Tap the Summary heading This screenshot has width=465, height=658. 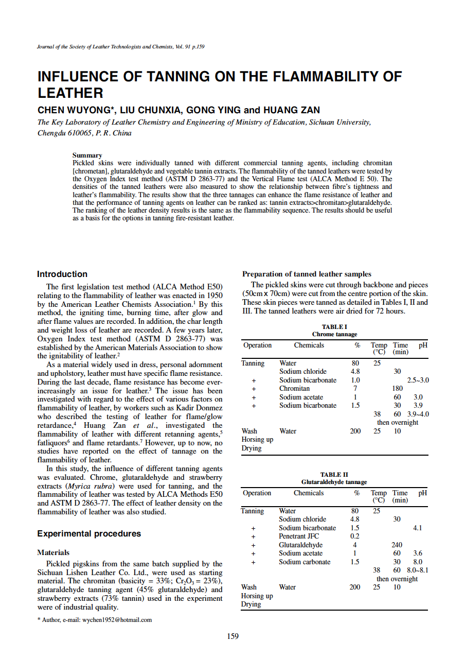[x=87, y=155]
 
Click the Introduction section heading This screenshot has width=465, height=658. [x=62, y=274]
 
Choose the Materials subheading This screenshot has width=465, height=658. [x=53, y=552]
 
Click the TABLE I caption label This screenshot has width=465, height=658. [x=334, y=327]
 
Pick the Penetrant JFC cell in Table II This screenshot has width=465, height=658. [x=299, y=536]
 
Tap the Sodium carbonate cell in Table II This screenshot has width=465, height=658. [x=305, y=562]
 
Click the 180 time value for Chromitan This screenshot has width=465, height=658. [x=397, y=389]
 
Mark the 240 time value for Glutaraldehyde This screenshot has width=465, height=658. [x=397, y=545]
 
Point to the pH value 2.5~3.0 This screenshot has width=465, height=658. [x=418, y=380]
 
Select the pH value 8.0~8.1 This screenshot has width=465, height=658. [x=418, y=570]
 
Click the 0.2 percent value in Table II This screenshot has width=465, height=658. [x=355, y=536]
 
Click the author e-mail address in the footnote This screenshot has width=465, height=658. [x=117, y=619]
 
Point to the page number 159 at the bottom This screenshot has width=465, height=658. [x=233, y=636]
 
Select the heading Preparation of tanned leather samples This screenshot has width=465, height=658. [x=307, y=274]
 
